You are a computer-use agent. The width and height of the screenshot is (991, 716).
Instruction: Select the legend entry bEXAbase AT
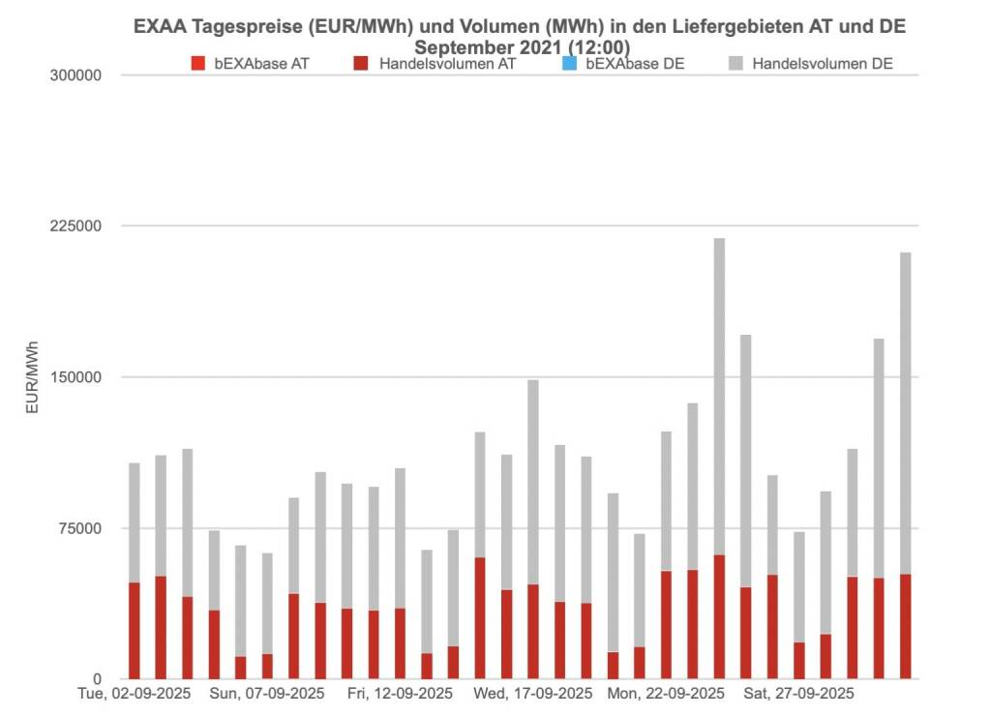pos(261,65)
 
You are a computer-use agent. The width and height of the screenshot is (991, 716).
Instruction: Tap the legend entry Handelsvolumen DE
pos(822,65)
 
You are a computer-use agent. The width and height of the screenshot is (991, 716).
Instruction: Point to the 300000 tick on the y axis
pos(75,75)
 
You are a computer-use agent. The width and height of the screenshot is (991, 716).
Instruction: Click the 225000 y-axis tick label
pos(75,226)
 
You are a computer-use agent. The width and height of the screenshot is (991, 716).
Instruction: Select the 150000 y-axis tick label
pos(75,377)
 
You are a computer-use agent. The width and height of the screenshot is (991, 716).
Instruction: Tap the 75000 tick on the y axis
pos(79,528)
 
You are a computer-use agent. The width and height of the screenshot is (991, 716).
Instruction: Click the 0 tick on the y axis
pos(97,679)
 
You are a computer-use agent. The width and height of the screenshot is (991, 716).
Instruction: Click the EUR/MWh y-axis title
pos(32,377)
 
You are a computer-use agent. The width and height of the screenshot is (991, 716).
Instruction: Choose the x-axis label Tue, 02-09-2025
pos(134,694)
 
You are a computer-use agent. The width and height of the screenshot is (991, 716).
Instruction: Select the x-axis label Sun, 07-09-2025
pos(267,694)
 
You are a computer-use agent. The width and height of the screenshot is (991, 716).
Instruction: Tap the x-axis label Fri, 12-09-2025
pos(400,694)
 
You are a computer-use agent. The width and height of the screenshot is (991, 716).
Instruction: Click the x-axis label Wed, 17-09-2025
pos(533,694)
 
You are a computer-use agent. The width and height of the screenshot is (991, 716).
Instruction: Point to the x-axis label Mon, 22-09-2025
pos(666,694)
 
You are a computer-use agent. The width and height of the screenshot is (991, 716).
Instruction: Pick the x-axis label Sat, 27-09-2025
pos(798,694)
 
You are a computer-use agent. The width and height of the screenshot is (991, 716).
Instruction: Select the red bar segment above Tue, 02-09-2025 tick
pos(135,630)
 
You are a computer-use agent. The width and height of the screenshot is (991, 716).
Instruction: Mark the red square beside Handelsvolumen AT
pos(362,65)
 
